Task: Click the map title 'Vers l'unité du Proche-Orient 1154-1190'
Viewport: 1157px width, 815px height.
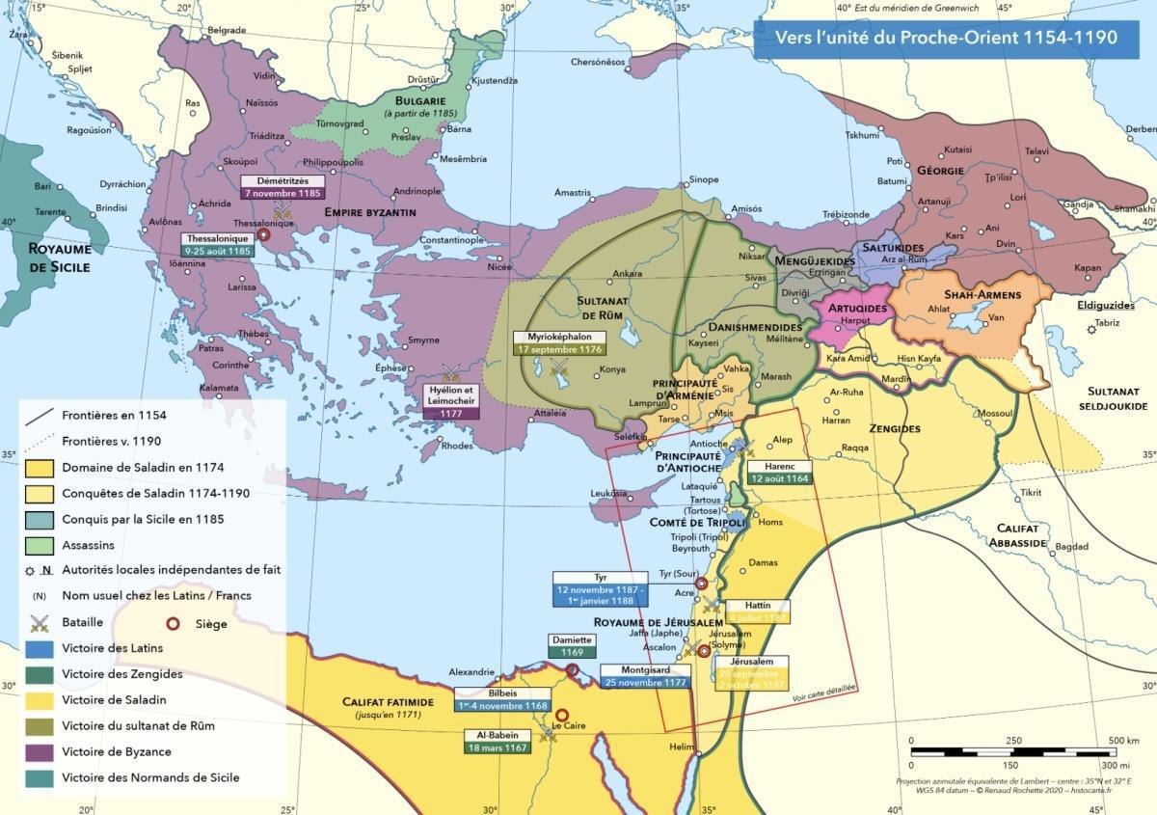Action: click(x=947, y=39)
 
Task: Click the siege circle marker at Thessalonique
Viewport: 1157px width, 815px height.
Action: click(x=263, y=234)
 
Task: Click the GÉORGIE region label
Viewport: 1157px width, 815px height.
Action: click(x=940, y=171)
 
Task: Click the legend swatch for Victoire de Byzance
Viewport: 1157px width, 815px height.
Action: click(x=40, y=751)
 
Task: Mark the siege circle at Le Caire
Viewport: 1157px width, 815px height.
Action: click(x=559, y=715)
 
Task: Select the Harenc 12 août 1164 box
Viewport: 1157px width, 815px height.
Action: click(x=780, y=473)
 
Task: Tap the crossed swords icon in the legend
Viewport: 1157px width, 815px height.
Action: click(x=40, y=622)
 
